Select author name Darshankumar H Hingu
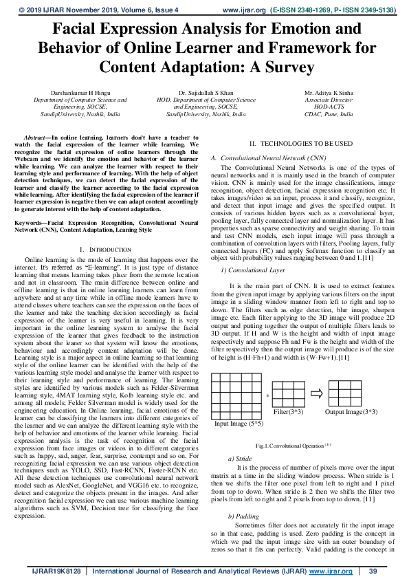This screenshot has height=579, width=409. point(76,92)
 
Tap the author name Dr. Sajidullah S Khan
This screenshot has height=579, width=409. point(206,92)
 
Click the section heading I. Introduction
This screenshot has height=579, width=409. point(100,248)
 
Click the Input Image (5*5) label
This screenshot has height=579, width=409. point(238,424)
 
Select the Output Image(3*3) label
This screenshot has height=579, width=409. point(351,411)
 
